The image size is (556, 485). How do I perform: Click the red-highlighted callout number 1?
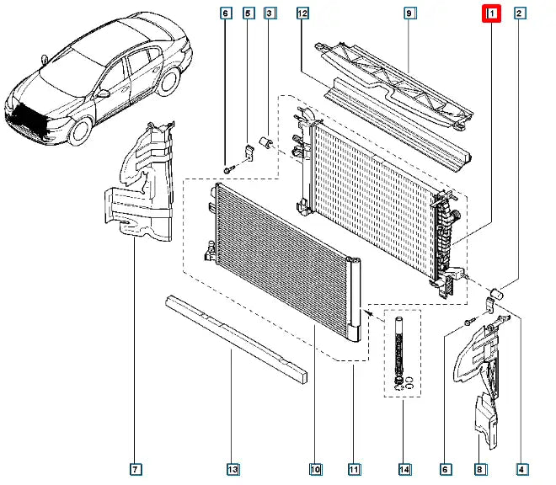coord(490,13)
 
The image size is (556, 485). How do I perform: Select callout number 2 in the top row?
coord(521,13)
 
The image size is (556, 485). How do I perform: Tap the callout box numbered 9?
coord(409,13)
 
